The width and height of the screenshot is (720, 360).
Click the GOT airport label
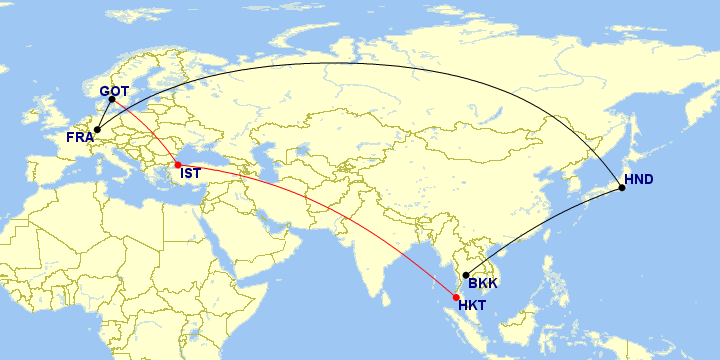[115, 92]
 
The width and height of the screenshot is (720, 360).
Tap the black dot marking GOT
[111, 100]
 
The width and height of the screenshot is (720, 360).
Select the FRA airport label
[80, 137]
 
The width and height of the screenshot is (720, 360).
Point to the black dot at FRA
[97, 130]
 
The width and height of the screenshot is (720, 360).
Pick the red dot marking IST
[178, 164]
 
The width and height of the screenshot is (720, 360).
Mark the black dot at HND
[622, 188]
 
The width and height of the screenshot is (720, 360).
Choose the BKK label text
[483, 283]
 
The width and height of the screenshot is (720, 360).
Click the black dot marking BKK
[466, 275]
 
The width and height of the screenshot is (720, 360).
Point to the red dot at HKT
[457, 297]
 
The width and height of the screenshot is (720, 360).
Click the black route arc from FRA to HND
[350, 63]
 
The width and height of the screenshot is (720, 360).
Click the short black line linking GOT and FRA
[104, 115]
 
